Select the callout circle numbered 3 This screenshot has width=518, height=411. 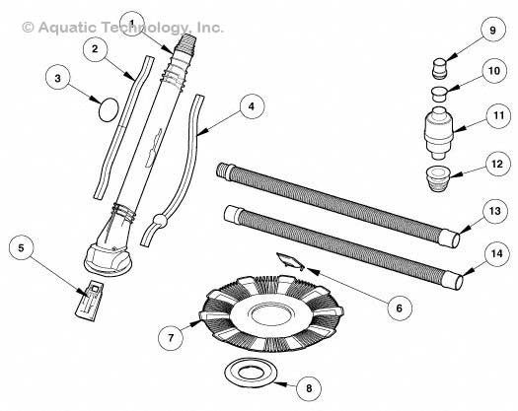61,74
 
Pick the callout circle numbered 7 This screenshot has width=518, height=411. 173,337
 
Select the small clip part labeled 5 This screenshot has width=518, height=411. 92,297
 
